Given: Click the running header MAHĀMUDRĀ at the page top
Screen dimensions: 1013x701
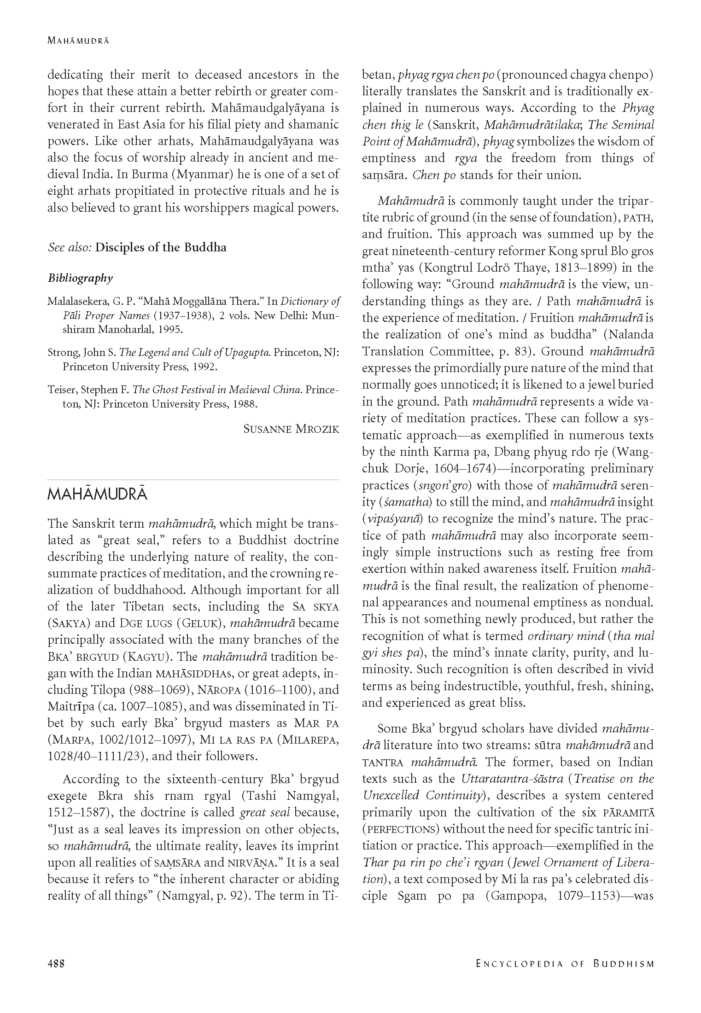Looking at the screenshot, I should point(78,41).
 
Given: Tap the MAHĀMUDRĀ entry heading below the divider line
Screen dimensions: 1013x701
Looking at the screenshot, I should point(97,495).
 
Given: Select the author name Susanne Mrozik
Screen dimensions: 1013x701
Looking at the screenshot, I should point(291,429).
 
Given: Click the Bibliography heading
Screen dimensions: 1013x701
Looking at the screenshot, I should point(80,278).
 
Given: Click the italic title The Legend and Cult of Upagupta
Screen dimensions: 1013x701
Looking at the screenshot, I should point(195,353).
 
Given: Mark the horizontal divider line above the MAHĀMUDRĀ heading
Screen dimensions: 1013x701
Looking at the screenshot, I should point(193,480).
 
